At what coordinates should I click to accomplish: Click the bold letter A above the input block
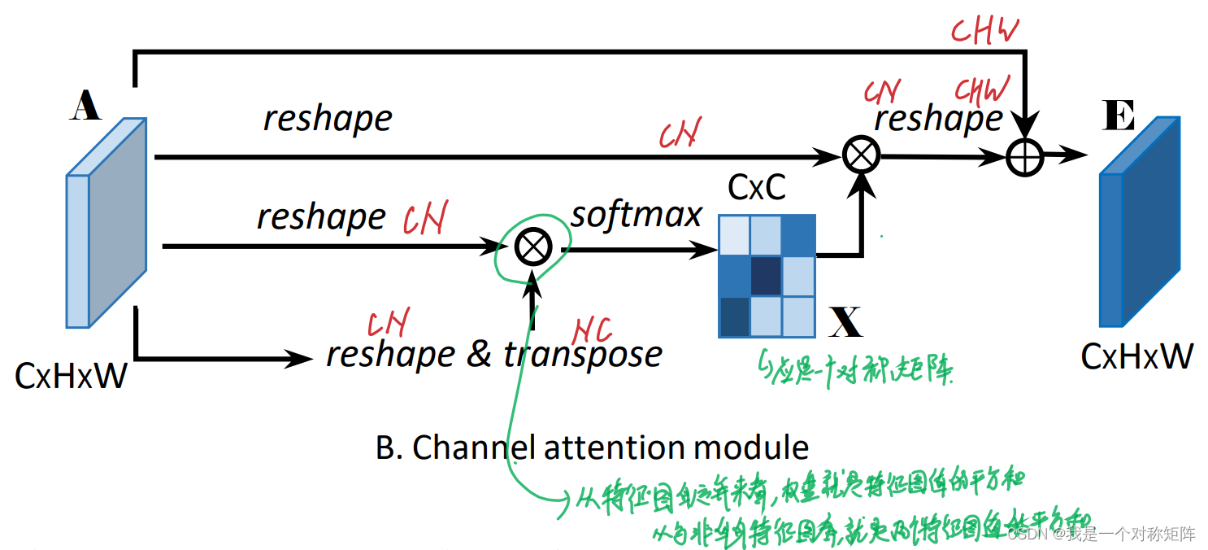coord(85,107)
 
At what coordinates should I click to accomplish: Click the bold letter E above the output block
coord(1118,117)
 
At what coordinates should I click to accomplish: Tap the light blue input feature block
coord(106,223)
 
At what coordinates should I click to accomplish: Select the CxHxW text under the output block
coord(1136,356)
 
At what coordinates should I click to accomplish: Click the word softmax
coord(636,214)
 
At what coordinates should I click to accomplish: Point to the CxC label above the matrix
coord(756,188)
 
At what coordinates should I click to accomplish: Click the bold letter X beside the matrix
coord(846,323)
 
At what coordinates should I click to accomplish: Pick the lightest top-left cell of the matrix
coord(734,236)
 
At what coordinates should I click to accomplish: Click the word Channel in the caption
coord(464,447)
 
